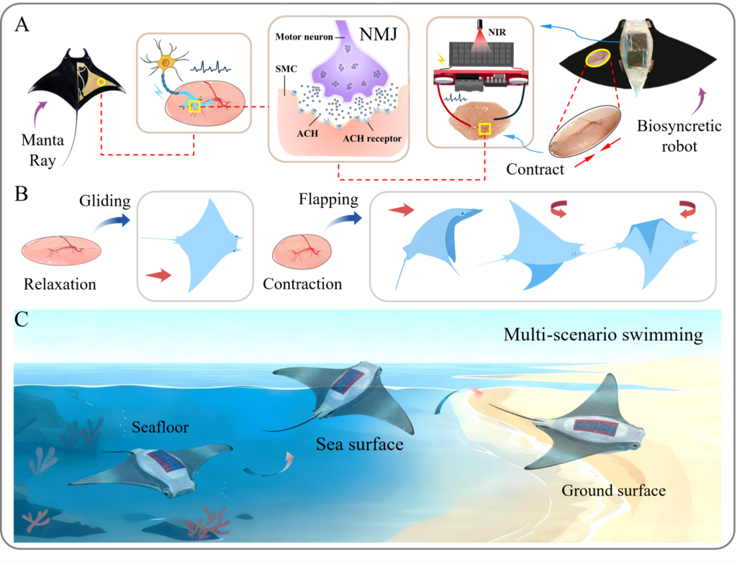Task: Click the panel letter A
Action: (22, 24)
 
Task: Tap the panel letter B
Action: (21, 194)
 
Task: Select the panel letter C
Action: (22, 319)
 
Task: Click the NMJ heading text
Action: (378, 34)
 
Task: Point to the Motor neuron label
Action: (304, 37)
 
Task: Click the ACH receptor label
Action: (372, 139)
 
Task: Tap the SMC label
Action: (286, 69)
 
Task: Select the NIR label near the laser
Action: (497, 32)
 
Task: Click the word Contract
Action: (535, 169)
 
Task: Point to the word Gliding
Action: (105, 201)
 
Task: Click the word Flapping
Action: (328, 200)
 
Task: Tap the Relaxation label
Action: (60, 284)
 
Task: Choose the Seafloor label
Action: (160, 427)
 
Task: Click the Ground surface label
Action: (614, 491)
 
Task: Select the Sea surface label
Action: (360, 444)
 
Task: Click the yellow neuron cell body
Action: (166, 62)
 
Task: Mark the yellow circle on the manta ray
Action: (101, 82)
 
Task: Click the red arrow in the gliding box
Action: (158, 275)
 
